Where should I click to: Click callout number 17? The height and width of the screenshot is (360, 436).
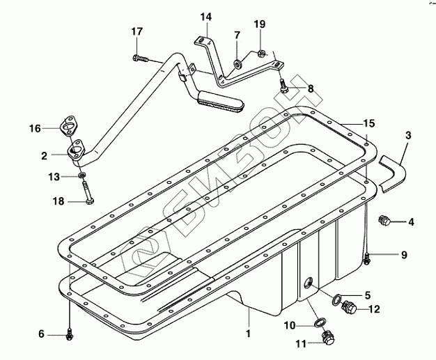tap(137, 32)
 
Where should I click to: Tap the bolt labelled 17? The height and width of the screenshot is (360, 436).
tap(140, 58)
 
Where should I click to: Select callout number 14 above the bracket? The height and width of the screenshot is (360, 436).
tap(206, 17)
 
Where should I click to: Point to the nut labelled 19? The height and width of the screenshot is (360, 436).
tap(261, 52)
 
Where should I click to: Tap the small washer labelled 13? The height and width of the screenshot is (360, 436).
tap(81, 175)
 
